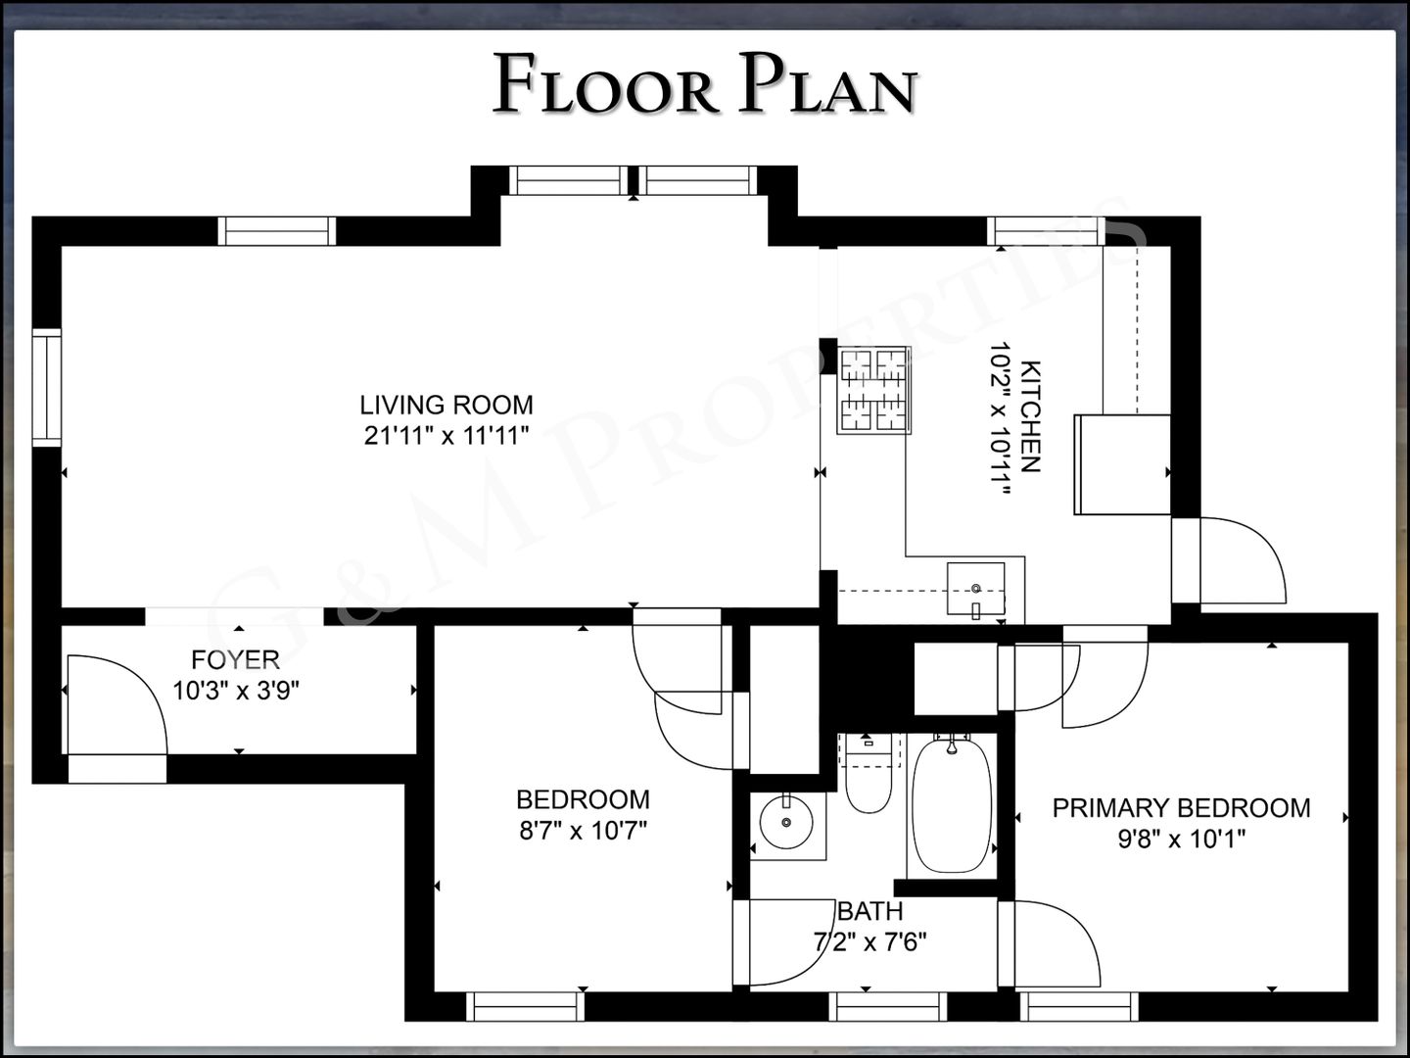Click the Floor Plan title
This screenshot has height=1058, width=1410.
705,84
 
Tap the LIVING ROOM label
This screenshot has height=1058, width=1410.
446,406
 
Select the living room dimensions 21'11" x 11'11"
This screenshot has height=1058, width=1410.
446,436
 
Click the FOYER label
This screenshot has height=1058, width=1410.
236,659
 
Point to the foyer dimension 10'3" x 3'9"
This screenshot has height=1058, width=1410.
236,692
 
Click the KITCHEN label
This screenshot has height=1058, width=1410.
1030,417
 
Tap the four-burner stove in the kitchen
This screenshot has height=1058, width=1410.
873,390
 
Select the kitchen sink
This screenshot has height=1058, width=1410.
976,589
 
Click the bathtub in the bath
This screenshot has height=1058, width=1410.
952,805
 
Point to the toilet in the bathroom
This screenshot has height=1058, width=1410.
869,775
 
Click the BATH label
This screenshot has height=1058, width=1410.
871,911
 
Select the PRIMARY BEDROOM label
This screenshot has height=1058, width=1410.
1181,808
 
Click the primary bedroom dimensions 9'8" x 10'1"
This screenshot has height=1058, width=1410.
1181,839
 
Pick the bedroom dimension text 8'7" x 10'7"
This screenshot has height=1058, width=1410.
584,832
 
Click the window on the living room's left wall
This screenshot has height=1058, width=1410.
47,388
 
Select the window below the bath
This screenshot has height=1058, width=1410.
888,1007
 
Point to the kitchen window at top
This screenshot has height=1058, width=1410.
1046,231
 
